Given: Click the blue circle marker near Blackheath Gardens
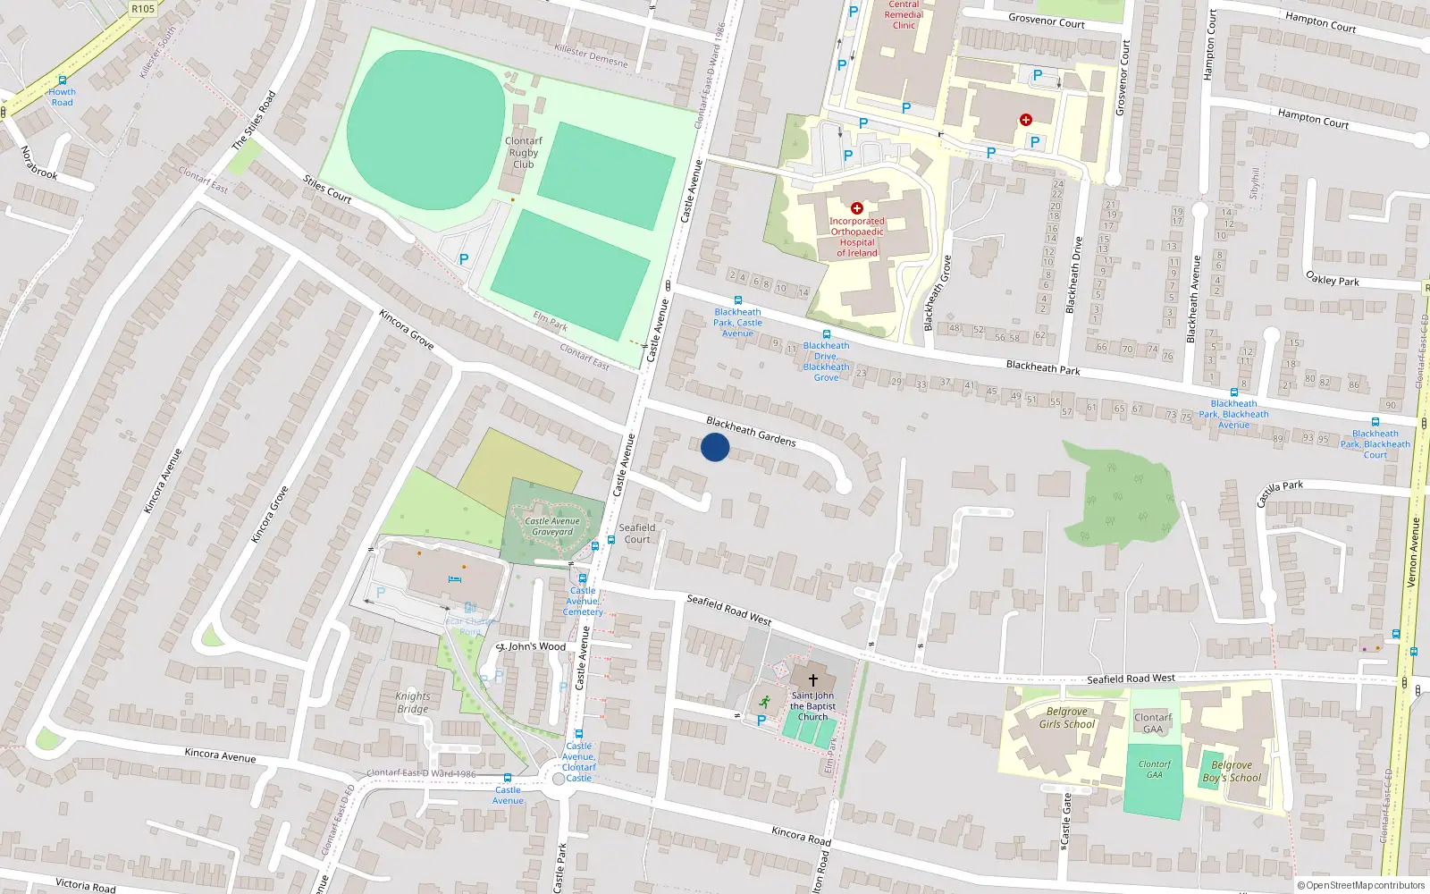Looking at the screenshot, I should [x=715, y=447].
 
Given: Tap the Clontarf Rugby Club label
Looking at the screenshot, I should [x=524, y=153].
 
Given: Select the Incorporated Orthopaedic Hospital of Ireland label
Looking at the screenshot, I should [x=856, y=237].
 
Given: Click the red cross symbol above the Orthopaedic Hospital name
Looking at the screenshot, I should [x=856, y=208].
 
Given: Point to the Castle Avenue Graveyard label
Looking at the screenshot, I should [x=552, y=527].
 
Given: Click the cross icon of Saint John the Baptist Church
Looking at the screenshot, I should [x=812, y=680].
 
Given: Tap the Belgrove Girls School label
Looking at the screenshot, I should [x=1066, y=718].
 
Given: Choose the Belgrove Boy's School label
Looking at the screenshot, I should [x=1232, y=772].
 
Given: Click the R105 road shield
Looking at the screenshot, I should [x=143, y=9].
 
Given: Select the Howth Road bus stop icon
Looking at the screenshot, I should [x=62, y=80].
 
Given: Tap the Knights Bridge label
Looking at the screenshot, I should [x=413, y=703].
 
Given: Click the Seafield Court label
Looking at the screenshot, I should [x=637, y=534].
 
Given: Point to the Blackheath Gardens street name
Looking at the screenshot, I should [x=751, y=431].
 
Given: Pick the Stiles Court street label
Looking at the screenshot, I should [x=327, y=189].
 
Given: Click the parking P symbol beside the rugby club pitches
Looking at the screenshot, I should [x=463, y=259].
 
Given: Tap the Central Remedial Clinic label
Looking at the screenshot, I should [x=904, y=14].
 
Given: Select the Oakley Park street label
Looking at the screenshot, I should [x=1333, y=279].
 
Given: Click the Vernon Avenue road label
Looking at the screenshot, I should [x=1413, y=552].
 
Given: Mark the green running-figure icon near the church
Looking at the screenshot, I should [x=764, y=701].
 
